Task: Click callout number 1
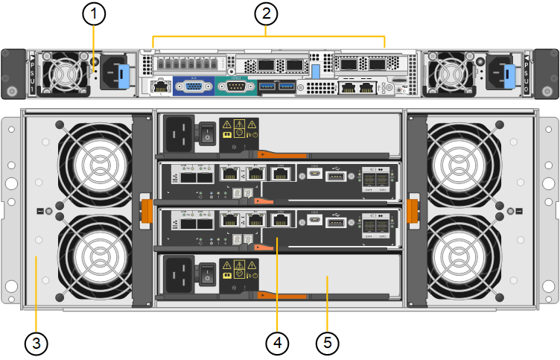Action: (94, 13)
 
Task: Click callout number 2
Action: (266, 13)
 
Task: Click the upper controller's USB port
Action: (335, 177)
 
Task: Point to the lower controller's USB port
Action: (335, 221)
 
